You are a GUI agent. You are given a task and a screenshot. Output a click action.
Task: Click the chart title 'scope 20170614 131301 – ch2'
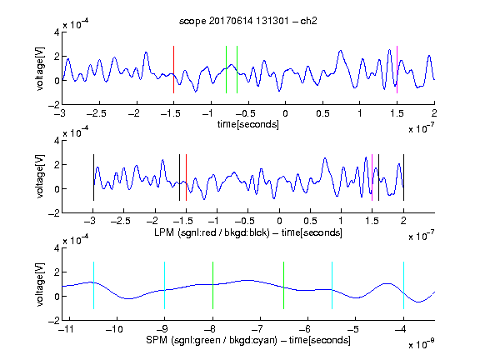[x=247, y=21]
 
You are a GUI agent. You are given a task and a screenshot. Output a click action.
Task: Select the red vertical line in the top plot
[x=173, y=69]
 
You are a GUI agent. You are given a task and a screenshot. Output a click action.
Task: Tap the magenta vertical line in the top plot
[x=397, y=69]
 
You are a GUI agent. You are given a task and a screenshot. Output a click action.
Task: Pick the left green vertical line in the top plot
[x=226, y=69]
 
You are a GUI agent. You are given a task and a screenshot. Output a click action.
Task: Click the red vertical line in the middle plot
[x=186, y=177]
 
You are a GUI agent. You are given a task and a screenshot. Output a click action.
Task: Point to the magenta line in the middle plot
[x=372, y=177]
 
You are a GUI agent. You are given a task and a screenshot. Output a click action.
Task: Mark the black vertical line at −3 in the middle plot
[x=93, y=177]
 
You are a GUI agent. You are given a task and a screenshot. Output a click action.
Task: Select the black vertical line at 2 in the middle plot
[x=404, y=177]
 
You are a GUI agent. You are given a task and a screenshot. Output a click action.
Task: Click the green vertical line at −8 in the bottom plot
[x=212, y=285]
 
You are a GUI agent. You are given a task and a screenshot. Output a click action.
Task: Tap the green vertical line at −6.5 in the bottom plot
[x=284, y=285]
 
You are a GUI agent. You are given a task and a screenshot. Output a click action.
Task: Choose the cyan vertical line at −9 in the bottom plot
[x=165, y=285]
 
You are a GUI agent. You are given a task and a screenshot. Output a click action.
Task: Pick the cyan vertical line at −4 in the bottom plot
[x=404, y=285]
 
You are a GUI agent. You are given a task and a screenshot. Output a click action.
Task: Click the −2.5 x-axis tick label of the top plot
[x=97, y=113]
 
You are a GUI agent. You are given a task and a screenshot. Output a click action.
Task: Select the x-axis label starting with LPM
[x=248, y=232]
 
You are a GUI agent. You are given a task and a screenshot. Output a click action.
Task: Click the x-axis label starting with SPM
[x=248, y=340]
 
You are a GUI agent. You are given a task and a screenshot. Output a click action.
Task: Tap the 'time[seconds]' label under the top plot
[x=248, y=124]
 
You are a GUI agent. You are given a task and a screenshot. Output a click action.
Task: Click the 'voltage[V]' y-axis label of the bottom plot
[x=40, y=284]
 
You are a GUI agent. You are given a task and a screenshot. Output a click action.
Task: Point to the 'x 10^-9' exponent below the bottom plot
[x=422, y=344]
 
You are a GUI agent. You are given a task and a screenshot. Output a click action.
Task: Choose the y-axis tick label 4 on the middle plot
[x=57, y=141]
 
